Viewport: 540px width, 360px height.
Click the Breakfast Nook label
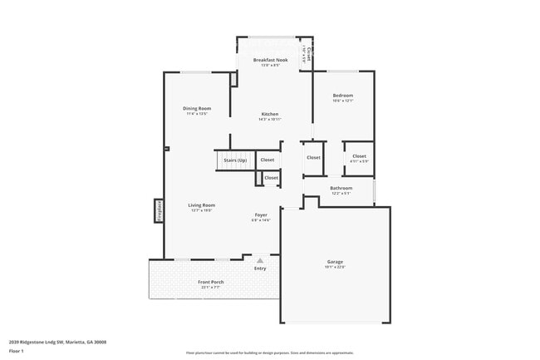pos(270,60)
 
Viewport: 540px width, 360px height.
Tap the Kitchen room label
pos(270,114)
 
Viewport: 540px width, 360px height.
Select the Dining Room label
pos(197,108)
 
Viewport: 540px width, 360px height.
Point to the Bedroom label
pos(342,96)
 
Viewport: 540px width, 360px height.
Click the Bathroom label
pos(341,188)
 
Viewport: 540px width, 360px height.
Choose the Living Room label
pos(202,205)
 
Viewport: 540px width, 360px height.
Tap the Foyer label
pos(261,215)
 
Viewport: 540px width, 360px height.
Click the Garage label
pos(334,262)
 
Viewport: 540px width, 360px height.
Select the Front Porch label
pos(210,282)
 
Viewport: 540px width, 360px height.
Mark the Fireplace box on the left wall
pos(158,210)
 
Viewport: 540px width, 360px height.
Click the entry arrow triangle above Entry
pos(260,260)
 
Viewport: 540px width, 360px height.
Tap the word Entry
pos(260,269)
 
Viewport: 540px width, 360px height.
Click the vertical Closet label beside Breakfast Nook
pos(308,55)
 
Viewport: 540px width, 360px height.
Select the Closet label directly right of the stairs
pos(268,160)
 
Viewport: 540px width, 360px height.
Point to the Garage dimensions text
pos(334,268)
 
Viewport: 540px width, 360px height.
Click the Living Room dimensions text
pos(202,211)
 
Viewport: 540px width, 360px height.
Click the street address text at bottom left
pos(57,342)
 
